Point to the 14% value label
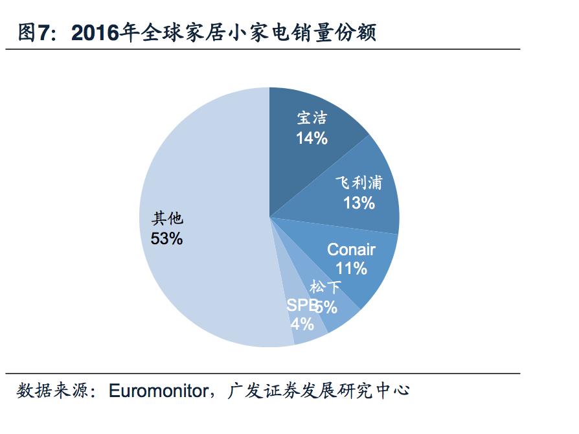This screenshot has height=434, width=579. coord(312,138)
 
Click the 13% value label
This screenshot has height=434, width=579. coord(359,203)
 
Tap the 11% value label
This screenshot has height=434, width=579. coord(351,268)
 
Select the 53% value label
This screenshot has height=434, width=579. coord(166,238)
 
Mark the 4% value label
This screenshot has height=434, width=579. coord(302,323)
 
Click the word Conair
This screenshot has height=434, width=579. coord(351,249)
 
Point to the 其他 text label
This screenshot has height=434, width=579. coord(167,218)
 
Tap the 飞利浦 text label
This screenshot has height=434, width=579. coord(359,183)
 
